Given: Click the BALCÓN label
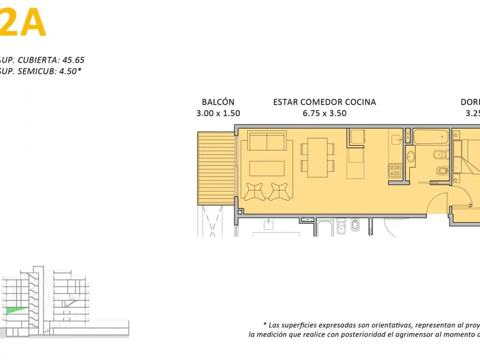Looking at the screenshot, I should click(x=218, y=102).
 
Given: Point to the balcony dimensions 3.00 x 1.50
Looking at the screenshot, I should click(x=218, y=113).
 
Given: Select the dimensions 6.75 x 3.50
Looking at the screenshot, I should click(x=324, y=113).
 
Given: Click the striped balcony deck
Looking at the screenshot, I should click(x=216, y=168).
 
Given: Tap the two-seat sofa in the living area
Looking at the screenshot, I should click(x=267, y=141).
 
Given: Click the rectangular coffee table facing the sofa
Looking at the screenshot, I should click(x=267, y=168).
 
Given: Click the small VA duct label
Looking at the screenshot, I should click(x=408, y=136).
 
